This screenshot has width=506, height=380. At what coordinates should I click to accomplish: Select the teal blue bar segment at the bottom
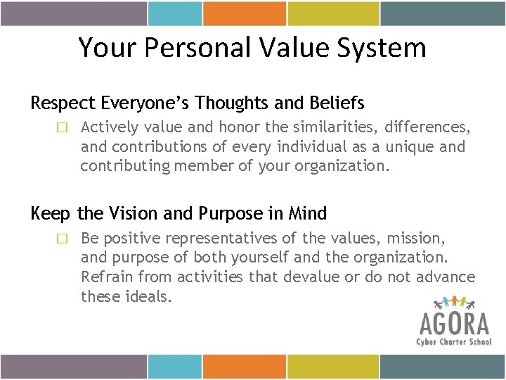[x=174, y=367]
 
